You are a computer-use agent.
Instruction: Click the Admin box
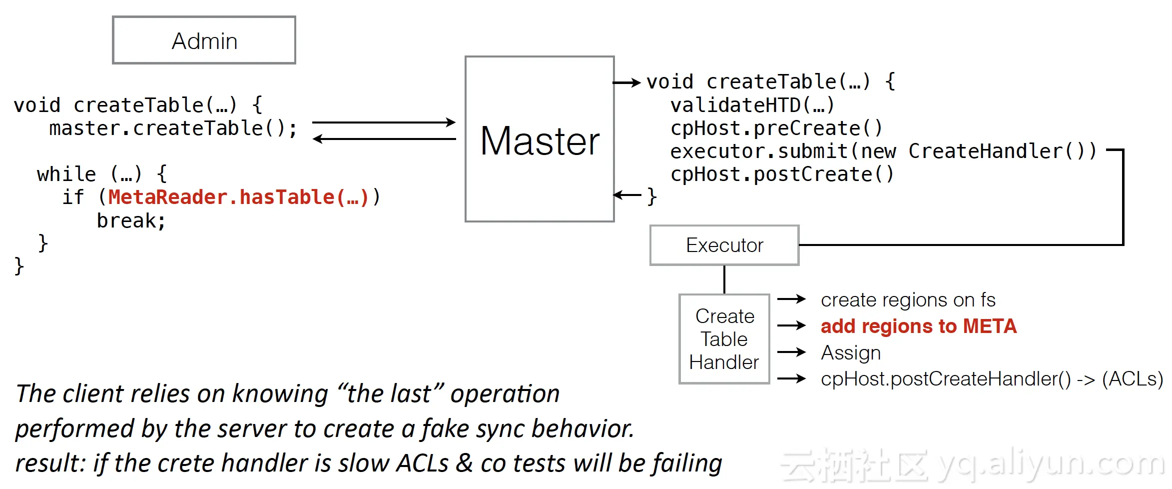click(x=204, y=40)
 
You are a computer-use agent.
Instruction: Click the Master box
click(x=540, y=138)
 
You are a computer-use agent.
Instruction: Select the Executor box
click(x=724, y=245)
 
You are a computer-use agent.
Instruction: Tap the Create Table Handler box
click(x=724, y=339)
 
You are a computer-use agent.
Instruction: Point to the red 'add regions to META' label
click(x=919, y=326)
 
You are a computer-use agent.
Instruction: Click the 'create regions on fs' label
click(x=908, y=300)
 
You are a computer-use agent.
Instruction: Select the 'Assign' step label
click(x=851, y=353)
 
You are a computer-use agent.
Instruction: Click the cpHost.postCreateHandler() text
click(x=946, y=379)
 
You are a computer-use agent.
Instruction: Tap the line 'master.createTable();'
click(x=173, y=128)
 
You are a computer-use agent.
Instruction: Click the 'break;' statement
click(x=131, y=220)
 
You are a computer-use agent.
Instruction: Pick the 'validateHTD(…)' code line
click(x=752, y=105)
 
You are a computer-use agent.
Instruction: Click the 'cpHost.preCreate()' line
click(x=776, y=128)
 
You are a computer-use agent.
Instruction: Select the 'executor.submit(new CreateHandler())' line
click(x=883, y=151)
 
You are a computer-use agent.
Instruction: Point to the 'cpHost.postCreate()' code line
click(x=782, y=174)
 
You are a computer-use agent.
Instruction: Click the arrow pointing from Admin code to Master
click(x=384, y=122)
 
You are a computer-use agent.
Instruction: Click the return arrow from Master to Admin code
click(x=384, y=139)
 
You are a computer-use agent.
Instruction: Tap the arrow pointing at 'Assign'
click(x=792, y=352)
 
